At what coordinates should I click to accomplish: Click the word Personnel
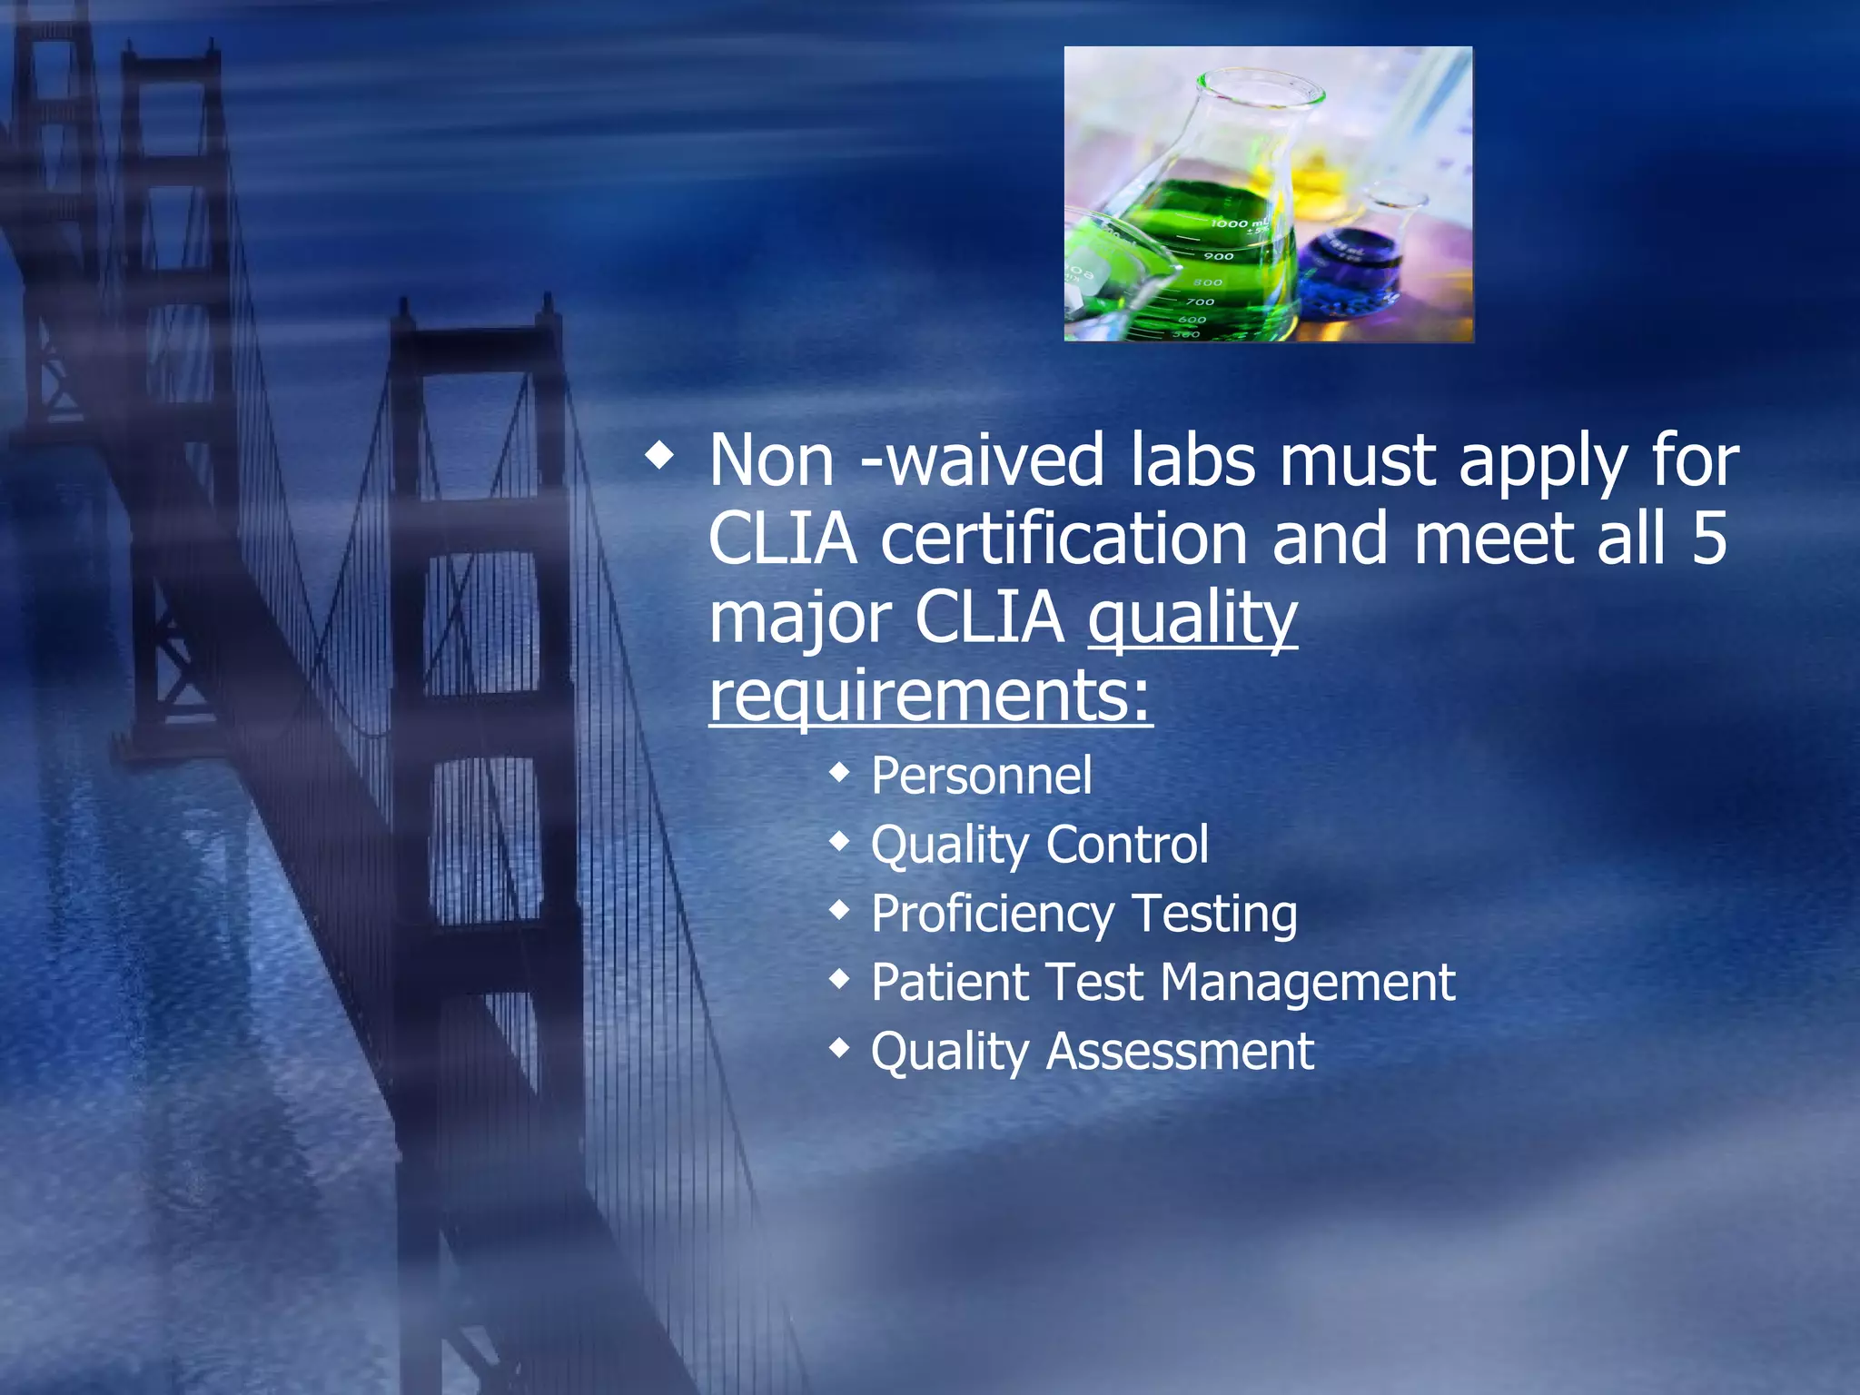click(981, 777)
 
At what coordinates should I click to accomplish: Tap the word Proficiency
click(992, 915)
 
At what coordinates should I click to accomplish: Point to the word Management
click(1308, 983)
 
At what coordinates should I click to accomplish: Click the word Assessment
click(1180, 1052)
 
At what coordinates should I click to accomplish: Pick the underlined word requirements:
click(930, 696)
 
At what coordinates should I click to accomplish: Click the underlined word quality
click(1192, 618)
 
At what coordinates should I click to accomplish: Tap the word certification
click(1064, 539)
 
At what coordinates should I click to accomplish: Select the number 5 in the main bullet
click(1708, 539)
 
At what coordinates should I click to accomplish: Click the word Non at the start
click(771, 460)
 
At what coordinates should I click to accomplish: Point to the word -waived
click(982, 460)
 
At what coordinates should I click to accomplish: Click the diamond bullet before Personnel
click(840, 774)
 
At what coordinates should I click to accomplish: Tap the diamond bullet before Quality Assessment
click(840, 1049)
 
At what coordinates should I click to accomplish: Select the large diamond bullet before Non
click(660, 457)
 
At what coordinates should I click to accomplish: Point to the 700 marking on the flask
click(1199, 302)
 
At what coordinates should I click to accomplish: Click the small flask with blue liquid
click(1353, 263)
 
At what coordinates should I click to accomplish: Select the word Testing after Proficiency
click(1214, 915)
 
